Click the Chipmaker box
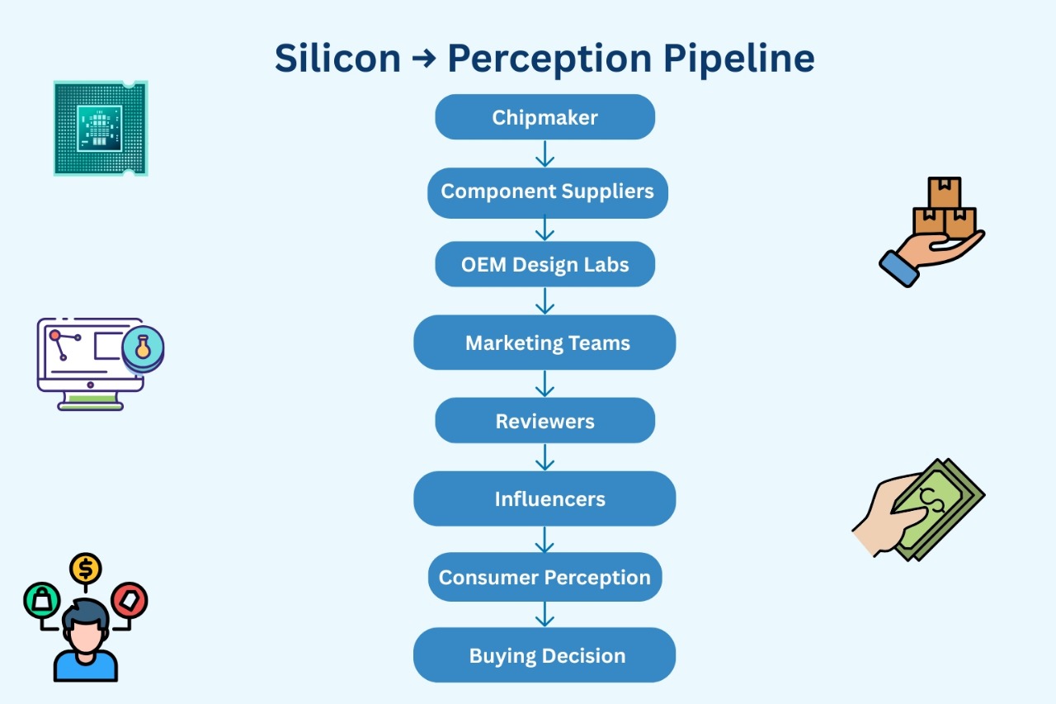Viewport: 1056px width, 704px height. click(x=544, y=117)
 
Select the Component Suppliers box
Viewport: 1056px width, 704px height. click(x=547, y=191)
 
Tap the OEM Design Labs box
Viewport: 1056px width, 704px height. click(x=544, y=265)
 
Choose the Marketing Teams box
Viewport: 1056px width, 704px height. click(x=544, y=343)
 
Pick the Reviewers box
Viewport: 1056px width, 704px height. click(x=544, y=421)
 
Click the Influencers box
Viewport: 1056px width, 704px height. click(x=544, y=498)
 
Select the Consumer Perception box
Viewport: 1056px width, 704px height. click(x=544, y=577)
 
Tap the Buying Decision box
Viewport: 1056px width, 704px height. click(x=544, y=655)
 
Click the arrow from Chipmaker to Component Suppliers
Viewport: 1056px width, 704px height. click(x=544, y=154)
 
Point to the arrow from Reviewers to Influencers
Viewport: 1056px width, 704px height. click(x=544, y=457)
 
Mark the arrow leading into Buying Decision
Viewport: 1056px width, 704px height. click(x=544, y=614)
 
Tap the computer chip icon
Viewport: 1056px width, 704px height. click(x=100, y=128)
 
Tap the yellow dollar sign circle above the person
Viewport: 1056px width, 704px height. click(x=86, y=568)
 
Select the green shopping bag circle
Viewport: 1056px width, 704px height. click(x=41, y=600)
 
